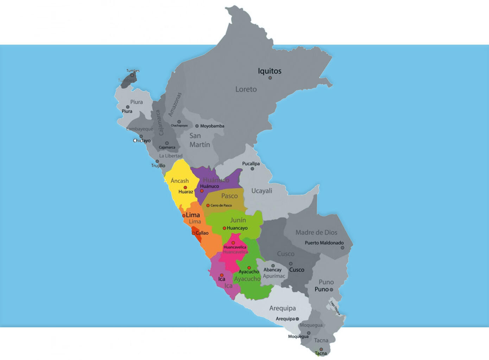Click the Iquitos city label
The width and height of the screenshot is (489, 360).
269,71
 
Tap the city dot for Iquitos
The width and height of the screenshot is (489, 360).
270,78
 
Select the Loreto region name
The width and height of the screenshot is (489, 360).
246,89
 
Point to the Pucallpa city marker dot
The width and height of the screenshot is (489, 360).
252,169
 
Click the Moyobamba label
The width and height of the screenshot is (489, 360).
212,126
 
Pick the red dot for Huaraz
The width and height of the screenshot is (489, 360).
185,187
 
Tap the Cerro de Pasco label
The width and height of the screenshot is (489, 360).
221,205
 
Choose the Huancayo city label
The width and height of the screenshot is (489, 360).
237,228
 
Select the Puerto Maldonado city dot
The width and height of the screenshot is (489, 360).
342,248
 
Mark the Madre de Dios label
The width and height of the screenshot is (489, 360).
316,232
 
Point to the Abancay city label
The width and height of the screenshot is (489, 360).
272,270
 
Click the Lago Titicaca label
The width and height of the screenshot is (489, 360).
335,308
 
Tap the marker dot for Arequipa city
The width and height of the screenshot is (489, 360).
297,319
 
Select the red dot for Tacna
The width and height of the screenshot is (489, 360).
321,349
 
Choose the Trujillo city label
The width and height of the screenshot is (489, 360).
158,166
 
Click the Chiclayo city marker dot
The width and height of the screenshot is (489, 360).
141,136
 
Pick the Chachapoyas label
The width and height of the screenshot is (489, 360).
179,126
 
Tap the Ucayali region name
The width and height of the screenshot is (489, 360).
262,191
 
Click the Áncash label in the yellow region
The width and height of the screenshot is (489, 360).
179,181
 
